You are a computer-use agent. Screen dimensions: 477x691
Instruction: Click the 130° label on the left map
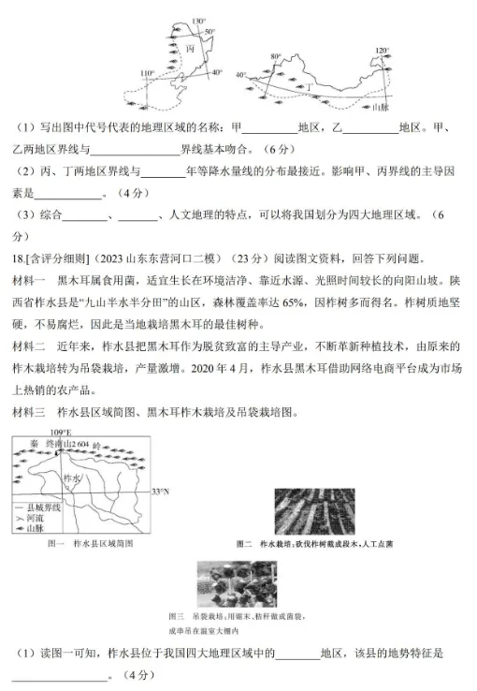(197, 20)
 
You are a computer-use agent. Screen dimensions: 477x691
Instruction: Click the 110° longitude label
(146, 72)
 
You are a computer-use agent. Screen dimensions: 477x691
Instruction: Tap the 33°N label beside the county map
(160, 491)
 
